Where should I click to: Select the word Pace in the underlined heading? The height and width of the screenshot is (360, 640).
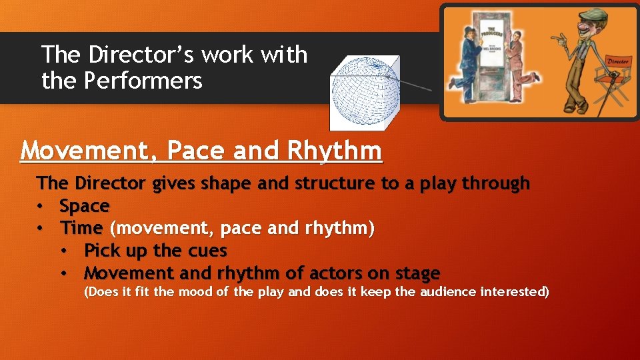coord(197,151)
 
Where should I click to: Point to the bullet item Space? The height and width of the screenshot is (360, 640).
coord(84,206)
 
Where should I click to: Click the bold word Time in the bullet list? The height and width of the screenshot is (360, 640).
coord(81,229)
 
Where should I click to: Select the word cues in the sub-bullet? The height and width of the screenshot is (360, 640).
coord(208,251)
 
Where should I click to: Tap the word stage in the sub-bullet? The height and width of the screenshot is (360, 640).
coord(416,273)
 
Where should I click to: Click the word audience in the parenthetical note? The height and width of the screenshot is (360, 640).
coord(448,292)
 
